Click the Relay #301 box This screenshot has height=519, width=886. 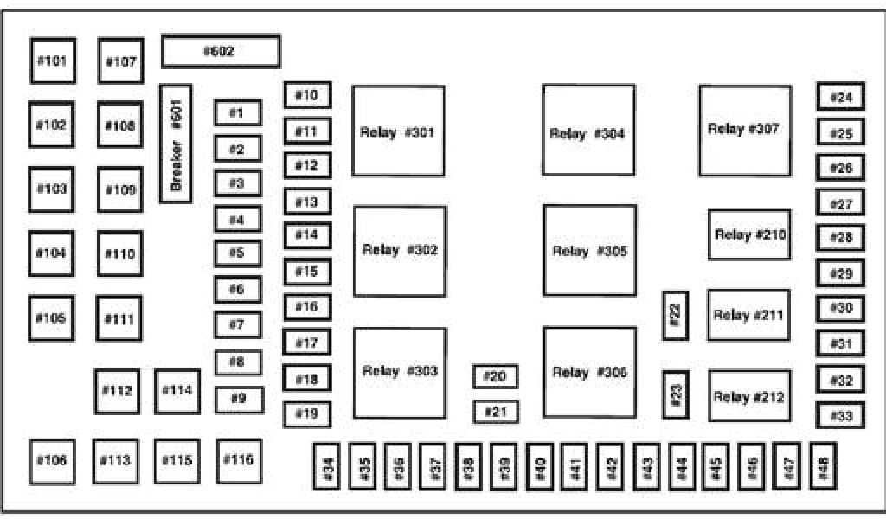click(x=398, y=131)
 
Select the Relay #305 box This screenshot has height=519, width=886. click(x=589, y=250)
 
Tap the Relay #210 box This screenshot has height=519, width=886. click(x=749, y=234)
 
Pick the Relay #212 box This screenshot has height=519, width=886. click(x=749, y=396)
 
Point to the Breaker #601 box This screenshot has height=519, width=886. click(x=176, y=144)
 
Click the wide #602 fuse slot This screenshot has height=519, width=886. click(x=221, y=52)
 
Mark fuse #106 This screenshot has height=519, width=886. click(x=52, y=460)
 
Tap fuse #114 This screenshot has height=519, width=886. click(x=177, y=391)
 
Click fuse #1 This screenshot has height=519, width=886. click(x=238, y=112)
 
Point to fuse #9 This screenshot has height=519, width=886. click(x=238, y=399)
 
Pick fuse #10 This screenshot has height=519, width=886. click(x=307, y=95)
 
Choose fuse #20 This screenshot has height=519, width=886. click(x=496, y=376)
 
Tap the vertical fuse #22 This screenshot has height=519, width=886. click(x=676, y=316)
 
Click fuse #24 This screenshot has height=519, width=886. click(x=840, y=97)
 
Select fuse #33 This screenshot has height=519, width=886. click(x=840, y=416)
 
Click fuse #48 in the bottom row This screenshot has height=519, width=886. click(x=821, y=467)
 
